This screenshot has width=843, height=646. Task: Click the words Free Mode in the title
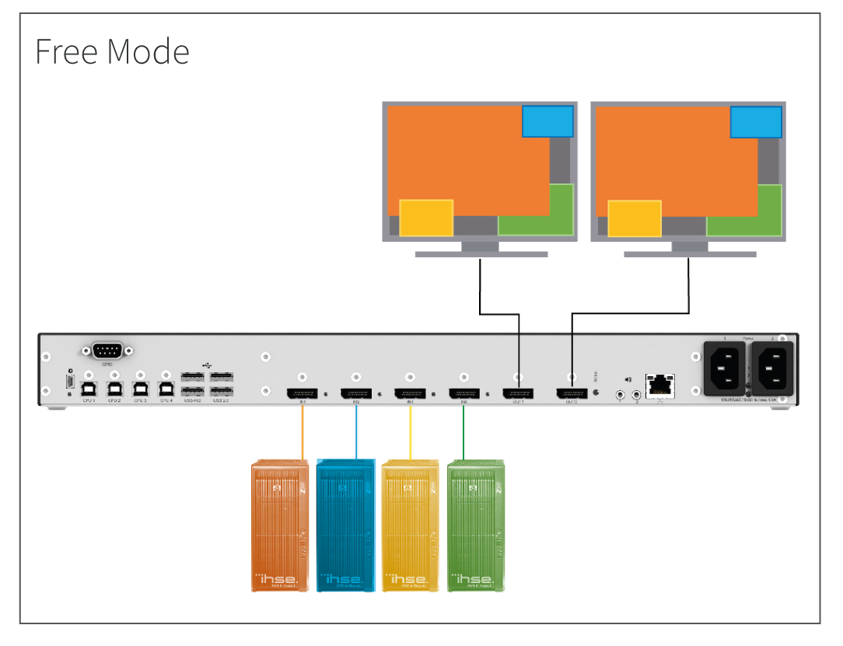(112, 52)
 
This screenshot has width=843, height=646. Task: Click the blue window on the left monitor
(547, 121)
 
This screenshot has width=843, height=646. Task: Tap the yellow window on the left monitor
(426, 218)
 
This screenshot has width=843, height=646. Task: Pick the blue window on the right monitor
(756, 122)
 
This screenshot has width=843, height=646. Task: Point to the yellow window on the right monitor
(635, 218)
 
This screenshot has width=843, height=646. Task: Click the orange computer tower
(280, 526)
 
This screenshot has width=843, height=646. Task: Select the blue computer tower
(345, 526)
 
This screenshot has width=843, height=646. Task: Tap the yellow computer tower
(411, 526)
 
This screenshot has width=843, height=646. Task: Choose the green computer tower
(476, 526)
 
